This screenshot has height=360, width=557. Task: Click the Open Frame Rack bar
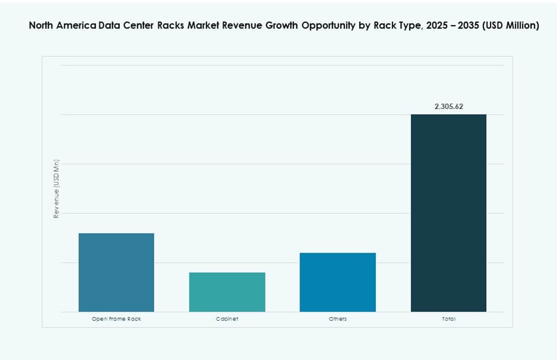click(116, 272)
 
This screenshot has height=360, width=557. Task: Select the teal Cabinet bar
click(227, 292)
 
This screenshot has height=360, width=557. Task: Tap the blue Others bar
click(337, 282)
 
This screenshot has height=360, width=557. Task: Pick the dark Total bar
click(448, 213)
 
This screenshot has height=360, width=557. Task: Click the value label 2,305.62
click(448, 107)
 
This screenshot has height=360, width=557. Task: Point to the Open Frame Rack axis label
click(116, 319)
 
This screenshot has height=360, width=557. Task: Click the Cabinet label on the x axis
click(227, 319)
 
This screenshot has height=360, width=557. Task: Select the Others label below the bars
click(337, 319)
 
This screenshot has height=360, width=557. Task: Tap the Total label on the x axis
click(448, 319)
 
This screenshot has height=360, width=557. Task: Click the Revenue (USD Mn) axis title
click(57, 189)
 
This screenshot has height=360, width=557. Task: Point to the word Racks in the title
click(170, 26)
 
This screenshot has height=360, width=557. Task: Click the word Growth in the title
click(281, 26)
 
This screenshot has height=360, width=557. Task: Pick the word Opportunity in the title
click(329, 26)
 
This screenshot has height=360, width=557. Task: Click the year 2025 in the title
click(438, 26)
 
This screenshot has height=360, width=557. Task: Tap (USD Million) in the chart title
click(511, 26)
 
